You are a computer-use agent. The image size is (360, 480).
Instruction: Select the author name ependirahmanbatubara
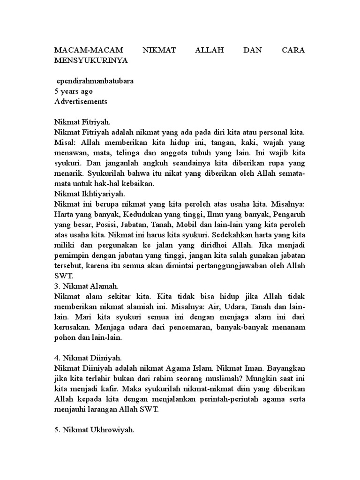[95, 81]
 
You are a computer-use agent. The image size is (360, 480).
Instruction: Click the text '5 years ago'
[74, 91]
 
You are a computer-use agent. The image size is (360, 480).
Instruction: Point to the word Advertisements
[81, 101]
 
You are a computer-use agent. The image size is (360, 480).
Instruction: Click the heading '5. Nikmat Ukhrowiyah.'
[94, 428]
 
